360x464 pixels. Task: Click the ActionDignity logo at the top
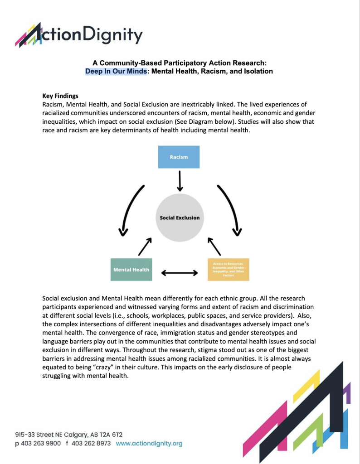pyautogui.click(x=79, y=35)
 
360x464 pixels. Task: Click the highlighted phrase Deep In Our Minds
pyautogui.click(x=116, y=71)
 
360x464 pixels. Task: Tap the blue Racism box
pyautogui.click(x=179, y=157)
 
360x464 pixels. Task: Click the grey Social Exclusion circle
pyautogui.click(x=180, y=217)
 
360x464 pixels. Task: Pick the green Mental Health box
pyautogui.click(x=131, y=270)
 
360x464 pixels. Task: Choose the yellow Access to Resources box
pyautogui.click(x=228, y=269)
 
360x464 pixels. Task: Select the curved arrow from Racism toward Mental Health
pyautogui.click(x=130, y=208)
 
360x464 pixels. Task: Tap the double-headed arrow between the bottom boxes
pyautogui.click(x=180, y=273)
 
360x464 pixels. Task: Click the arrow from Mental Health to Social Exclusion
pyautogui.click(x=144, y=247)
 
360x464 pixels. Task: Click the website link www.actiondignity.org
pyautogui.click(x=149, y=443)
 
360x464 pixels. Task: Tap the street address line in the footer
pyautogui.click(x=68, y=434)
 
